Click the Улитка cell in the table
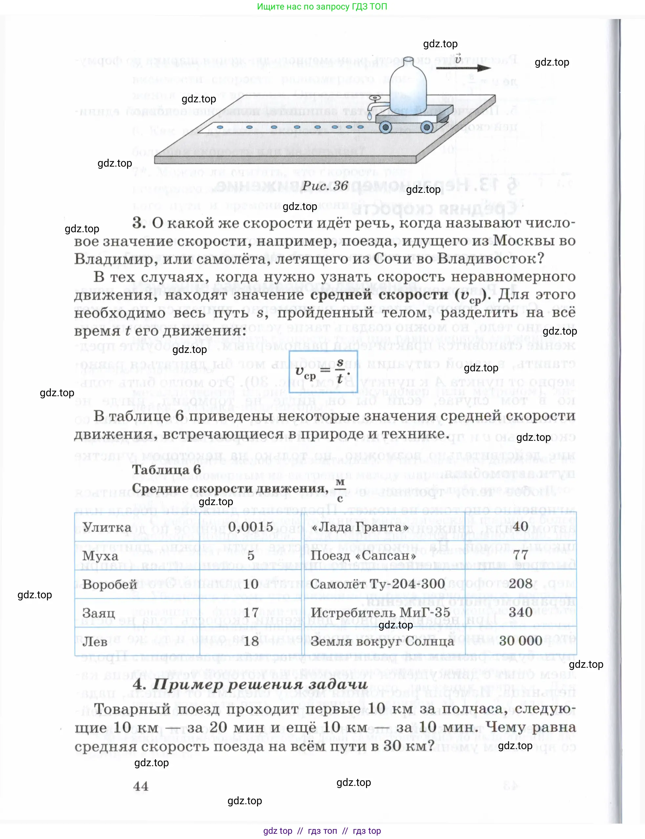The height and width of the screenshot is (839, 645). [107, 527]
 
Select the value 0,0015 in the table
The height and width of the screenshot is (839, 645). [250, 527]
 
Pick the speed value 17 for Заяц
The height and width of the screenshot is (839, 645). [251, 613]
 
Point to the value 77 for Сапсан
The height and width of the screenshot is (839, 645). [520, 555]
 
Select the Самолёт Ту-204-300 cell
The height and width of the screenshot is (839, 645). [377, 584]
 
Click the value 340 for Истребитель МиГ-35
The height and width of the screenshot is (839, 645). [520, 612]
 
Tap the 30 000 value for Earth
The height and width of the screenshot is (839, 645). [520, 641]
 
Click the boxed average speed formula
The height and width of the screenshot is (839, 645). [323, 371]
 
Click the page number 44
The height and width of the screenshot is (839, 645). [140, 786]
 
